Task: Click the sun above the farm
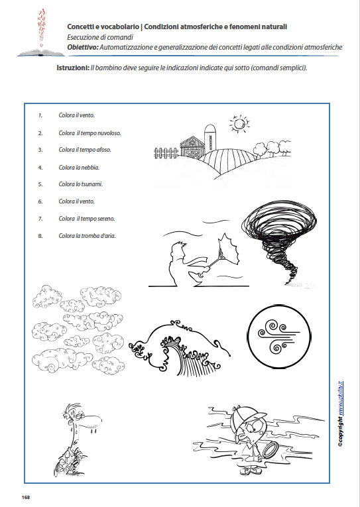click(237, 123)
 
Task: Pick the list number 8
click(40, 235)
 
